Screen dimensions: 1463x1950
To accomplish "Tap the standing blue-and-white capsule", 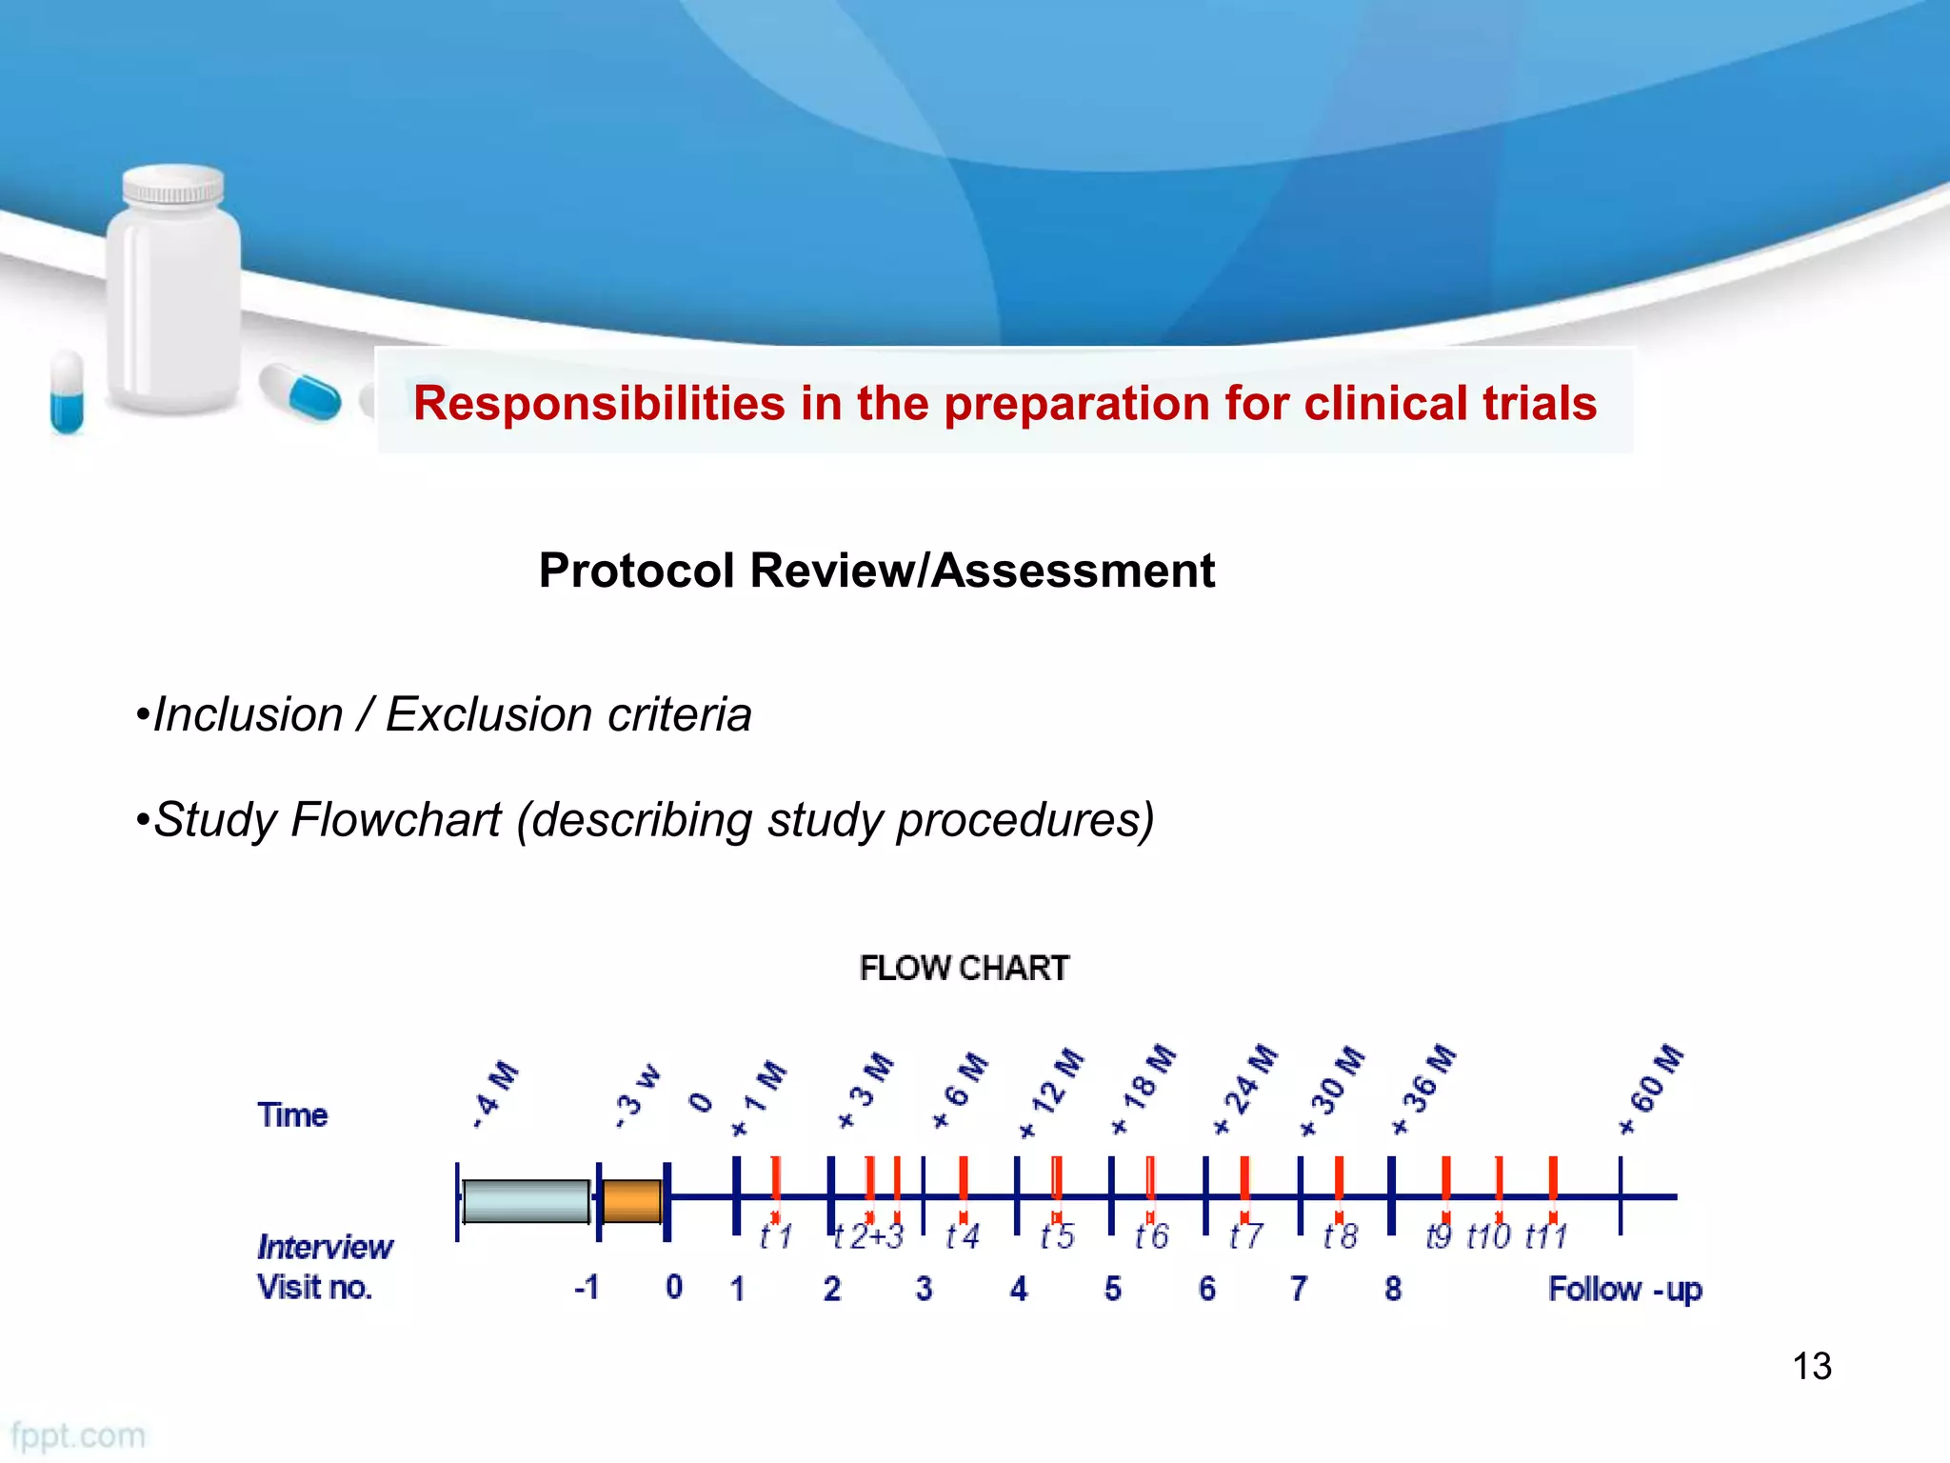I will tap(67, 391).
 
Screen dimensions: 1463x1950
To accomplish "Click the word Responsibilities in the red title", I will tap(599, 403).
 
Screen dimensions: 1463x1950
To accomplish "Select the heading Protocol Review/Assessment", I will tap(876, 571).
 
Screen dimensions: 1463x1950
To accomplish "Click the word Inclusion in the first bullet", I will tap(248, 714).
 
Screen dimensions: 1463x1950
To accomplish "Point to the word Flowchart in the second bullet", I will tap(395, 819).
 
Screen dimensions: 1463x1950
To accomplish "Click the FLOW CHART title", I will tap(964, 968).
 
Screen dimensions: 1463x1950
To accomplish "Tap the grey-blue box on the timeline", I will tap(526, 1201).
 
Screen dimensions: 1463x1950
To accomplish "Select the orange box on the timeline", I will tap(632, 1201).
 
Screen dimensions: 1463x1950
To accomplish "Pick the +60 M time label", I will tap(1652, 1089).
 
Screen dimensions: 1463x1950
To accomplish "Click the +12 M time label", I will tap(1051, 1093).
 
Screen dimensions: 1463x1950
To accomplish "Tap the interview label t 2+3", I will tap(867, 1236).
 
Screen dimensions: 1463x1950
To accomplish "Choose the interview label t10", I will tap(1488, 1236).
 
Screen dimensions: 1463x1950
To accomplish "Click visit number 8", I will tap(1393, 1289).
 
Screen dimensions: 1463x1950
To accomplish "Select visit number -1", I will tap(587, 1288).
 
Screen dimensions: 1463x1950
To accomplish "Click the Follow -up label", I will tap(1624, 1289).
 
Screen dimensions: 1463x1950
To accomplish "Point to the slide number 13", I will tap(1811, 1366).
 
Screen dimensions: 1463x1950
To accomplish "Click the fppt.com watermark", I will tap(78, 1435).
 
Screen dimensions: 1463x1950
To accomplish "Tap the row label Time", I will tap(292, 1114).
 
